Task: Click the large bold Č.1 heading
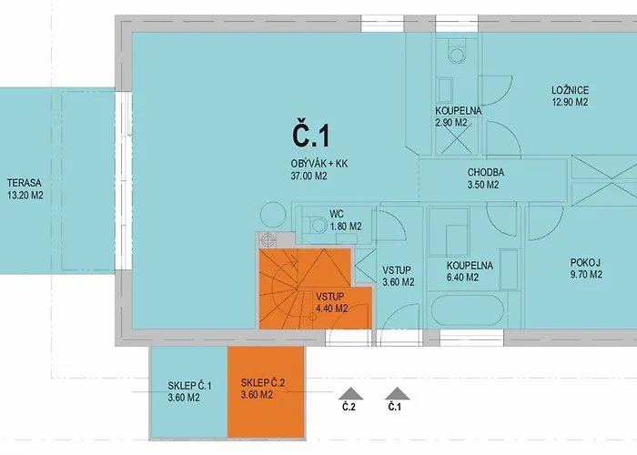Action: coord(311,136)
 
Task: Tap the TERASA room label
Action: coord(25,183)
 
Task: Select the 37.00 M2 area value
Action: coord(309,176)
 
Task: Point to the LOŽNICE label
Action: coord(570,90)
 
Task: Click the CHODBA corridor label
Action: coord(486,172)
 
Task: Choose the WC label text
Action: coord(337,214)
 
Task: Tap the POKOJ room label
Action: coord(585,263)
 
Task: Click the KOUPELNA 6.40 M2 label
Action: coord(470,271)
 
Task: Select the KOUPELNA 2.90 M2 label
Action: coord(459,116)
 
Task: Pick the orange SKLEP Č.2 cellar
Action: coord(266,392)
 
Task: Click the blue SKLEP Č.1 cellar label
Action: coord(189,391)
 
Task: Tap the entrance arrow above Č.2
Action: coord(350,394)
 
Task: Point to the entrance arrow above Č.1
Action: coord(397,394)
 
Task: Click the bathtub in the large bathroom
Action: coord(467,309)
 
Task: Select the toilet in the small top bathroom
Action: coord(457,51)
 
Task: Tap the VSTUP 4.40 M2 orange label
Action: coord(331,303)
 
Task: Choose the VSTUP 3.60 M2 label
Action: coord(399,276)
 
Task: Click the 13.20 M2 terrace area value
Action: coord(25,196)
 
